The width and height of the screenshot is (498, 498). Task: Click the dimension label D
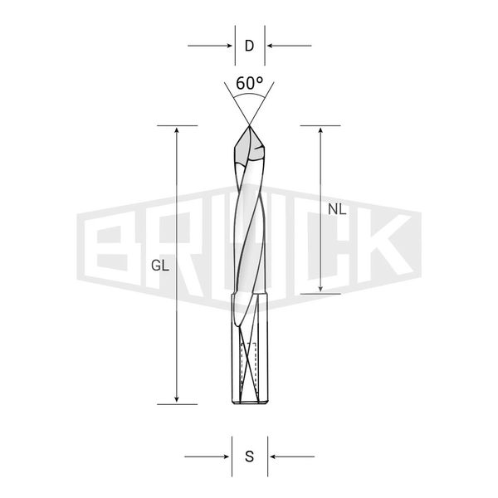(249, 46)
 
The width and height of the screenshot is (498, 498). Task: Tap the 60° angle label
(250, 83)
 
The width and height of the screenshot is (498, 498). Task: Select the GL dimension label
(160, 266)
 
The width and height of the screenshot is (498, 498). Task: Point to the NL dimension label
(337, 209)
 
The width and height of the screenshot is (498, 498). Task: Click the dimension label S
(250, 456)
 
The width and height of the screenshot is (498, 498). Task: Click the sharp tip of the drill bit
(249, 126)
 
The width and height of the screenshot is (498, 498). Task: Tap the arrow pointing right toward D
(210, 46)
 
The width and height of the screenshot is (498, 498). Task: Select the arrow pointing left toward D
(289, 46)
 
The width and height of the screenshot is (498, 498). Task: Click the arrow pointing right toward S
(207, 456)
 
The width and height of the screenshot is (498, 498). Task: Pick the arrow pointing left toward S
(292, 456)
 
